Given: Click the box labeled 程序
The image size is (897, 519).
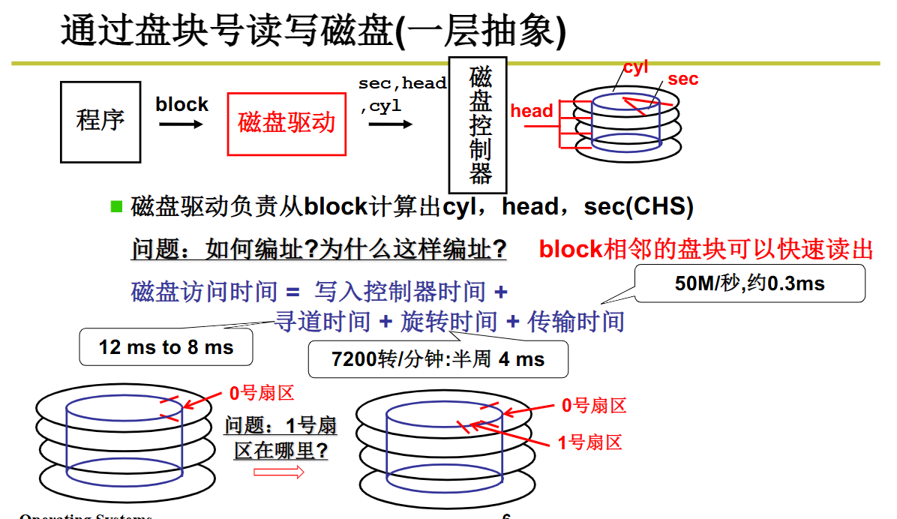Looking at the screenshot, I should (x=100, y=121).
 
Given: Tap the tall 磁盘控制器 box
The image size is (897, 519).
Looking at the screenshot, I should (x=478, y=125).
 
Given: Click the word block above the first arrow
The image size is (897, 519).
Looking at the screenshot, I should (x=181, y=104).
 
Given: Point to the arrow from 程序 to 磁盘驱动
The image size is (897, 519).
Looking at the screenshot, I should (x=181, y=124).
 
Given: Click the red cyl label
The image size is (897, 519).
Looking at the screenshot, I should (x=635, y=67).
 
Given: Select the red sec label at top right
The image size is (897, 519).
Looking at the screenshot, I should (x=682, y=79).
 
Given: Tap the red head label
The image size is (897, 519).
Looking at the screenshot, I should (x=531, y=111).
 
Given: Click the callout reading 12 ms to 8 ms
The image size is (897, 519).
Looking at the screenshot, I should (x=166, y=347).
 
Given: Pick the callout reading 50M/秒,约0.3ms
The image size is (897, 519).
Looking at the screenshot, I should (x=750, y=284).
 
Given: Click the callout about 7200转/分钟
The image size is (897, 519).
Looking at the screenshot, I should (x=438, y=359).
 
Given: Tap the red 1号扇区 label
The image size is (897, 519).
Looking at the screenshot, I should (x=589, y=442).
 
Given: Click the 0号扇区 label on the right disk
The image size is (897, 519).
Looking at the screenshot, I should (x=594, y=406).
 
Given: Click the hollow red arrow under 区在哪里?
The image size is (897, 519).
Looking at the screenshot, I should (x=279, y=472).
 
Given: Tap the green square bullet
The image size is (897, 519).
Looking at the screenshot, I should (x=116, y=206).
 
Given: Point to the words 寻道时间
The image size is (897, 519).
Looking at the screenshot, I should (x=323, y=322).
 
